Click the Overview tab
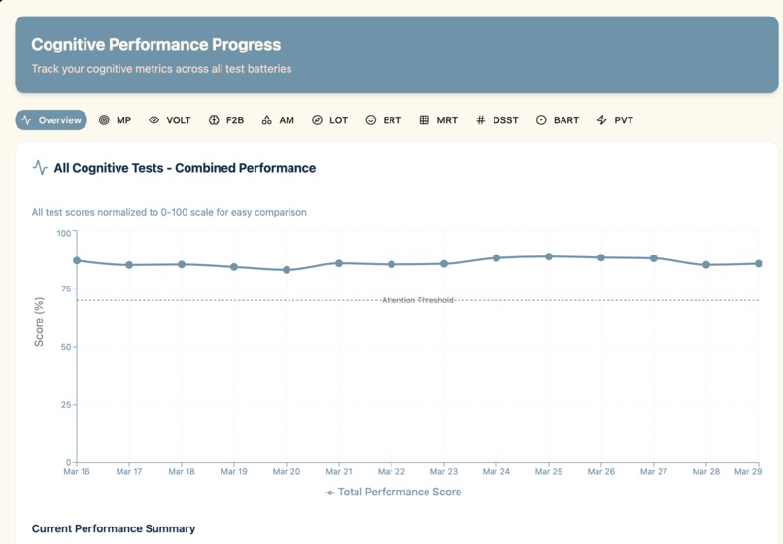coord(51,119)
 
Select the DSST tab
coord(496,119)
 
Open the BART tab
coord(558,119)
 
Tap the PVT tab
coord(615,119)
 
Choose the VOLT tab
coord(170,119)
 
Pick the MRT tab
coord(438,119)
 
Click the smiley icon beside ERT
coord(370,119)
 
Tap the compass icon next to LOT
coord(317,119)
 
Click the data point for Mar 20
coord(287,270)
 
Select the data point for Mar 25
coord(549,256)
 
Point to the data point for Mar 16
coord(77,260)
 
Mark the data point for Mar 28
coord(706,265)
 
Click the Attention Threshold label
coord(418,300)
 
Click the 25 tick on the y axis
coord(67,405)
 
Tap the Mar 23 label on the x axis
coord(444,471)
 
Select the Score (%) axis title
coord(39,322)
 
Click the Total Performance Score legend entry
coord(393,493)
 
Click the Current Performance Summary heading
coord(114,528)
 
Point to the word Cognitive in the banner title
coord(68,45)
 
